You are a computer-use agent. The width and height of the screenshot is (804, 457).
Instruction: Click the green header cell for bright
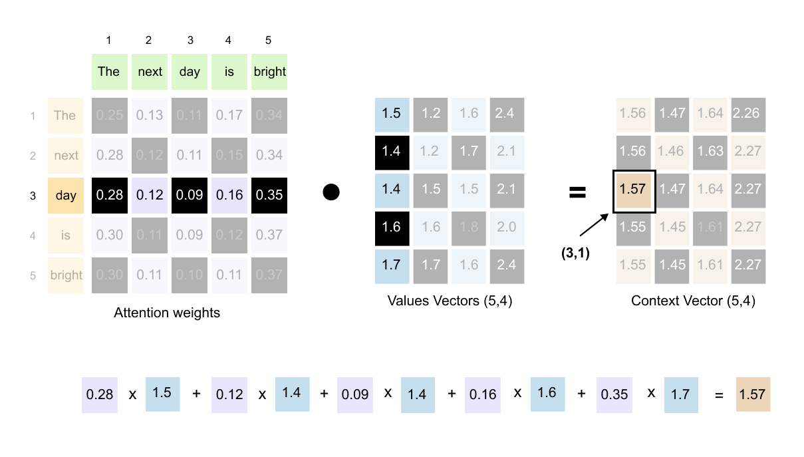click(x=269, y=72)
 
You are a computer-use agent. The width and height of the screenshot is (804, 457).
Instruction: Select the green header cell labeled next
click(x=150, y=72)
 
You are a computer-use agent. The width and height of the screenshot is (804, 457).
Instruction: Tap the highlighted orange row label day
click(x=66, y=196)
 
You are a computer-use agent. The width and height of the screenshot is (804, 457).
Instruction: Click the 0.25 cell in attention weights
click(x=110, y=115)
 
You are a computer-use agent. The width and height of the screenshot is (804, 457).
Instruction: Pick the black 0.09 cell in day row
click(x=190, y=196)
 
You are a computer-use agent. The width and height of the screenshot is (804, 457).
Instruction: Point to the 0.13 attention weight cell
click(x=150, y=115)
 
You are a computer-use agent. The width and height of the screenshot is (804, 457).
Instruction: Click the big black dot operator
click(x=331, y=192)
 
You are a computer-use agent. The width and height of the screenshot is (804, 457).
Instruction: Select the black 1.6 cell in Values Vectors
click(x=392, y=227)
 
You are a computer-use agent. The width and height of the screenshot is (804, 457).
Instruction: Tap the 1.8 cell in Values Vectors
click(x=469, y=227)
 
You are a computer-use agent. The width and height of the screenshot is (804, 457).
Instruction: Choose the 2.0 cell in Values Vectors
click(x=507, y=227)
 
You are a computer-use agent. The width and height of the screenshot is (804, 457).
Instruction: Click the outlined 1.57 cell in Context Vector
click(x=633, y=190)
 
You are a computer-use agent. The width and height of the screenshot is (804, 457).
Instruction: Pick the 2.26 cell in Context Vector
click(x=748, y=113)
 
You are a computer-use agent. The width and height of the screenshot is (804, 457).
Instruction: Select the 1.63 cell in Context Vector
click(x=710, y=152)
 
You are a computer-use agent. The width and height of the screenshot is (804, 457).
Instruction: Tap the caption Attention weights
click(x=167, y=313)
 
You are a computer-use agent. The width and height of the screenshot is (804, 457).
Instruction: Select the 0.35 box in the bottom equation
click(x=614, y=394)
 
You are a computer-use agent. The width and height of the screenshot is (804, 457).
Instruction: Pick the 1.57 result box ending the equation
click(x=753, y=394)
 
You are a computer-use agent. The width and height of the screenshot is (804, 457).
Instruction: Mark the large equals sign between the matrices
click(x=577, y=193)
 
